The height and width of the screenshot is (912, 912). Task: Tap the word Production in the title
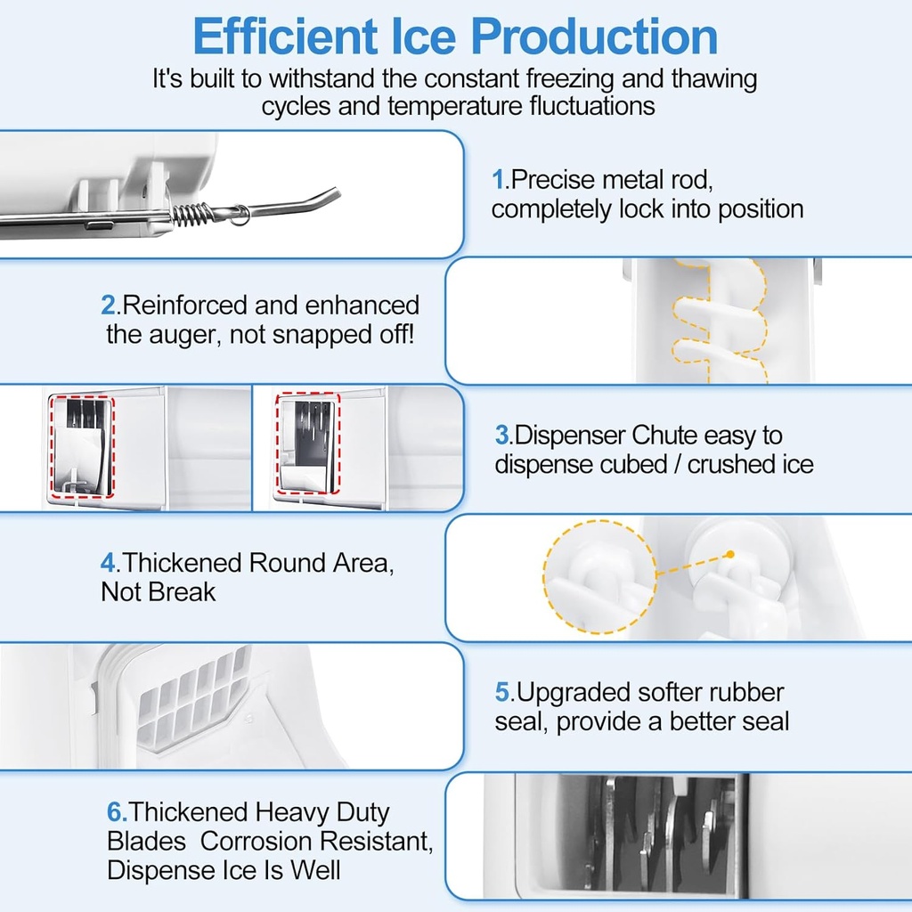(594, 37)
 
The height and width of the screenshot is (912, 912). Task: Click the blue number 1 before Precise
(498, 180)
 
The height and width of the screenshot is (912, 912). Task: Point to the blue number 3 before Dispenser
(502, 436)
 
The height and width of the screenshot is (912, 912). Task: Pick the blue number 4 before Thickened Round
(108, 563)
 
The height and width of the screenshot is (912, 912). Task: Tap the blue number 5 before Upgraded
(502, 692)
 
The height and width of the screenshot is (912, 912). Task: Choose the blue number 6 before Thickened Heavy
(115, 812)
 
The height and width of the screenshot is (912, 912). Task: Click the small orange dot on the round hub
(729, 554)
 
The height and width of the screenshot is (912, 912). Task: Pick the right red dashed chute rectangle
(305, 443)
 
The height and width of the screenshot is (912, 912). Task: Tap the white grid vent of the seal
(191, 695)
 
